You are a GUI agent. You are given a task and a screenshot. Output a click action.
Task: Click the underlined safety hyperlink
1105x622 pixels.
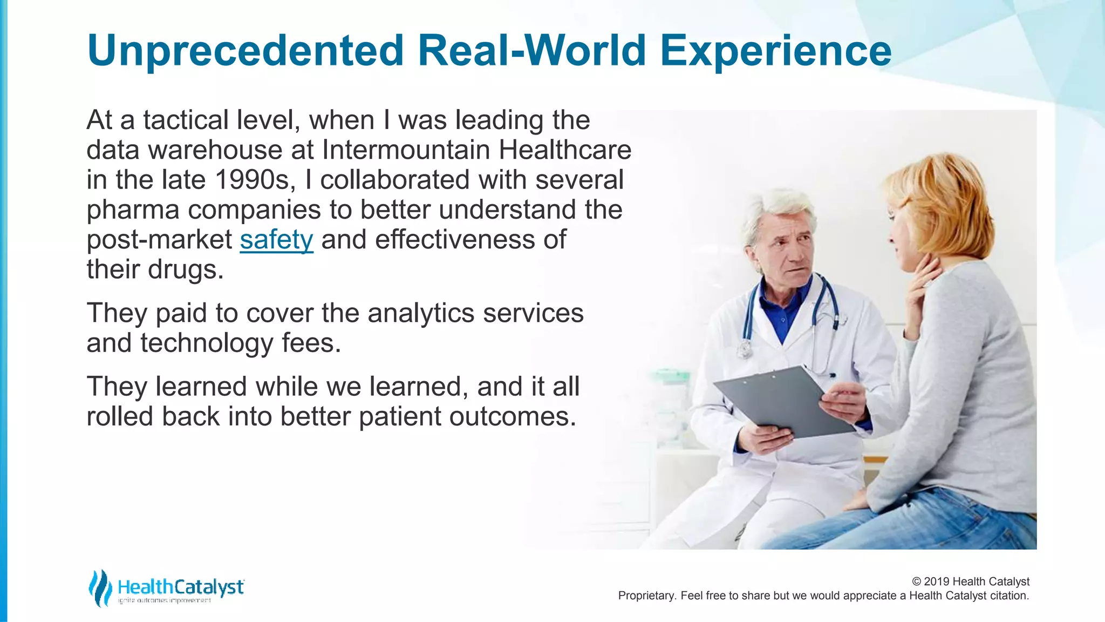[x=276, y=240]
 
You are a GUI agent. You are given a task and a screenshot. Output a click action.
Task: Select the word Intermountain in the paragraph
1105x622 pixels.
[x=406, y=150]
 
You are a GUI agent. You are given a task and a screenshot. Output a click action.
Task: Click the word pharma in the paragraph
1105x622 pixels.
[x=133, y=210]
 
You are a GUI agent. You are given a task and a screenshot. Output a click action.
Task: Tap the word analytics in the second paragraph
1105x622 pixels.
[x=421, y=313]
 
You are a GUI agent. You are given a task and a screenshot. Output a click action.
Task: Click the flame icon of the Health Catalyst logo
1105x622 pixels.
[x=99, y=588]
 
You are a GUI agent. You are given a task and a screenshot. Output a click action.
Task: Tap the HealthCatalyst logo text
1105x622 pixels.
[x=181, y=587]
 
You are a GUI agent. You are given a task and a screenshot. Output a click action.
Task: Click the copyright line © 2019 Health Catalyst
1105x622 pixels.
[x=970, y=582]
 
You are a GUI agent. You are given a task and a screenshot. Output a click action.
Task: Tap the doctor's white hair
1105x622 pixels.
[x=782, y=208]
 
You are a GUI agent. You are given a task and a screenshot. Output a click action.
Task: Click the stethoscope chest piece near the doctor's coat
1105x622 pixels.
[x=746, y=350]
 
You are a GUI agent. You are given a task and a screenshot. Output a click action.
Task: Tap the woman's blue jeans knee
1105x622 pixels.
[x=809, y=532]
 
